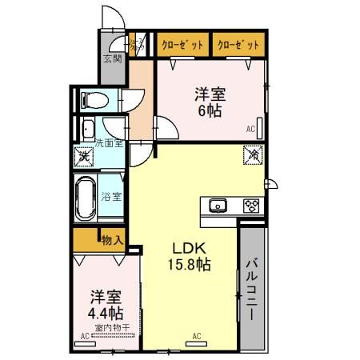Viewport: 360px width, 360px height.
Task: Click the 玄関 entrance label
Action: pos(113,58)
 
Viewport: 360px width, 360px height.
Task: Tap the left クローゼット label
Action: pos(183,45)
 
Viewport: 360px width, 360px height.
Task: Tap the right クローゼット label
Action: pos(238,45)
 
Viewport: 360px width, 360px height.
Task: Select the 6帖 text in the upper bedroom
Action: pos(210,110)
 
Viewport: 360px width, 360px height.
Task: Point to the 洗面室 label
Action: pos(109,143)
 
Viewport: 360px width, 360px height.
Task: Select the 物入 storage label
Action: pos(112,238)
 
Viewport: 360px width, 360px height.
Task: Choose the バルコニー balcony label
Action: pos(250,289)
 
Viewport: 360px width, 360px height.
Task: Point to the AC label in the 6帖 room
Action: pos(250,129)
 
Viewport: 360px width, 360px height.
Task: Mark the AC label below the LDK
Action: pos(196,336)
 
